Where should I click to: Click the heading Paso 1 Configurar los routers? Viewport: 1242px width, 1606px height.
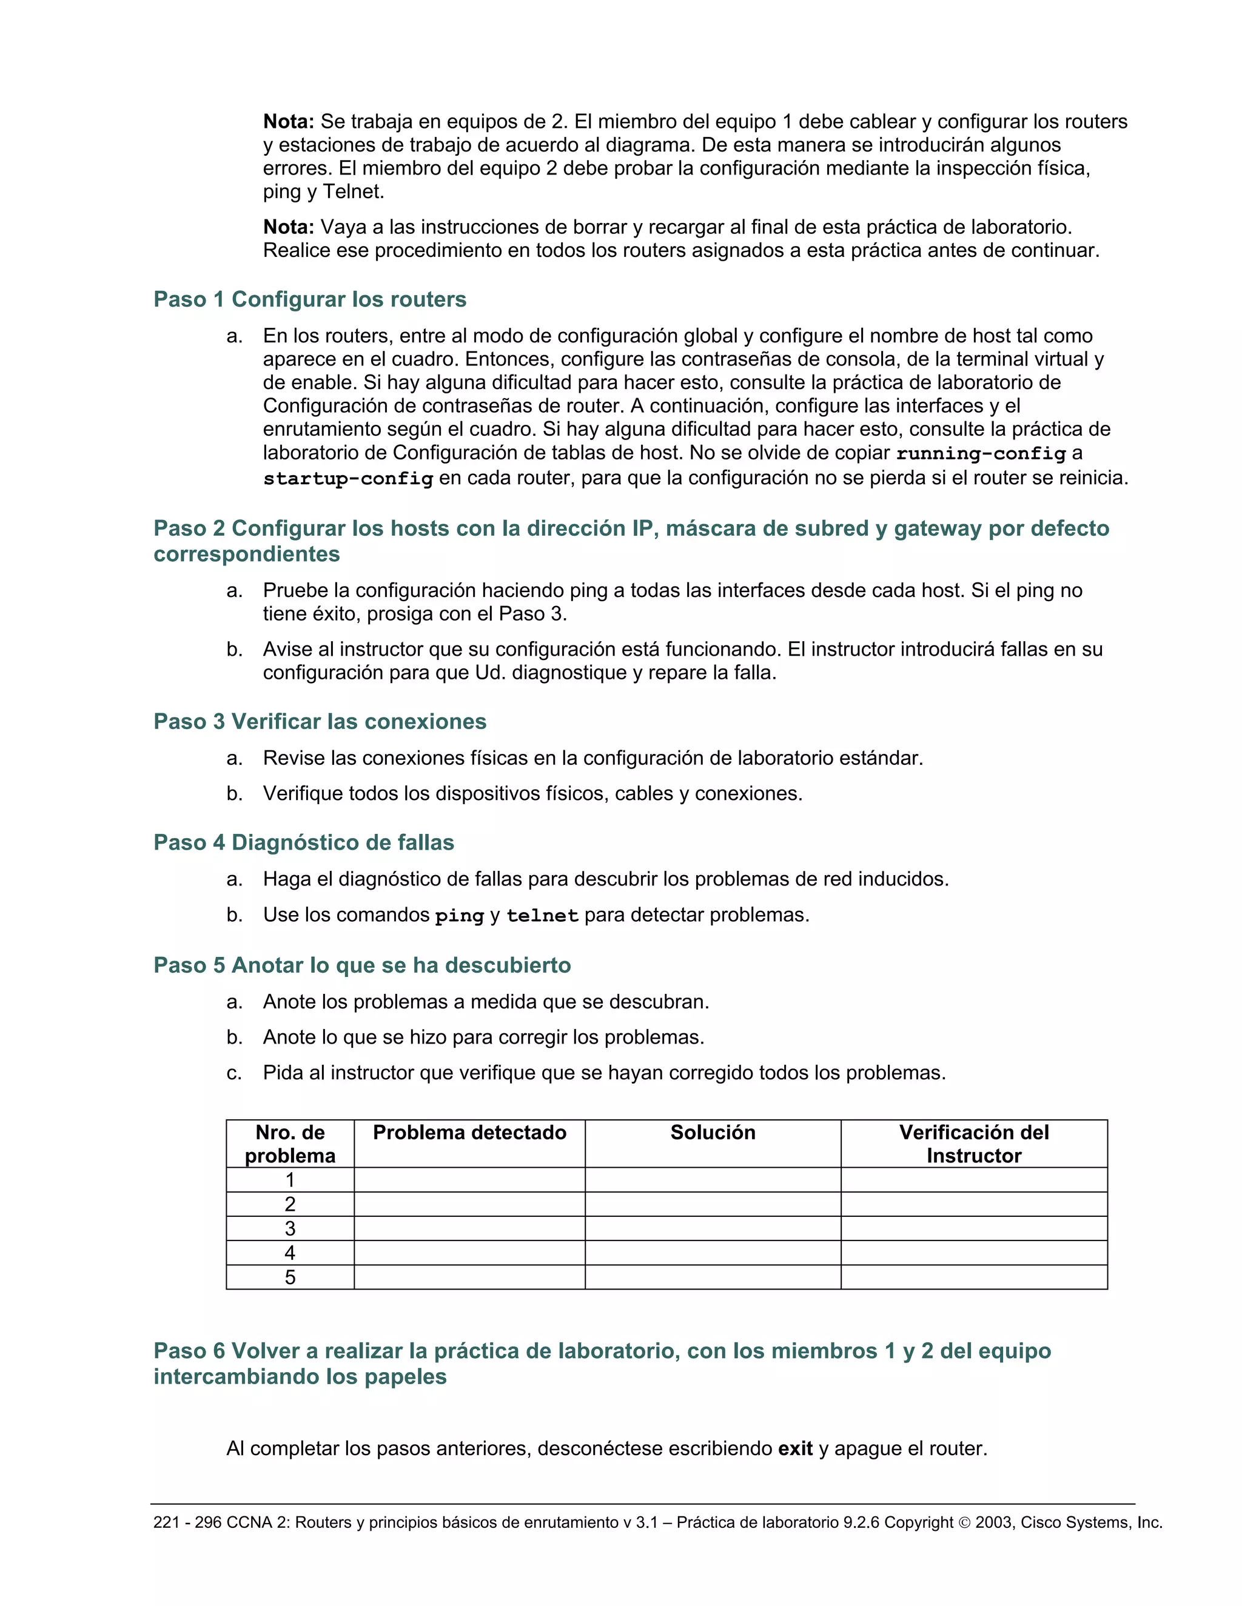click(x=310, y=299)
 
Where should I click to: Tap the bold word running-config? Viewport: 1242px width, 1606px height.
click(x=980, y=454)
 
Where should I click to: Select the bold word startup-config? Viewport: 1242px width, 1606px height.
click(x=348, y=479)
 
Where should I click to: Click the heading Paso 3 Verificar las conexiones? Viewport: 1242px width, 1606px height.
click(x=320, y=721)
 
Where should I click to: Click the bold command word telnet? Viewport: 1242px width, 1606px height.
click(x=542, y=916)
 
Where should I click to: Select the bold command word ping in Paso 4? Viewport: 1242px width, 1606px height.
click(x=459, y=916)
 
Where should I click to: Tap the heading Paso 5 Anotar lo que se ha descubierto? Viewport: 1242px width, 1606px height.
click(x=362, y=965)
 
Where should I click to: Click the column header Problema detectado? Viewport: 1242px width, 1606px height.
click(x=469, y=1133)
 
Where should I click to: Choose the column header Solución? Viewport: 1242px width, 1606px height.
click(x=712, y=1133)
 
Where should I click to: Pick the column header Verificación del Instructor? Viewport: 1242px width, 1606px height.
click(x=973, y=1144)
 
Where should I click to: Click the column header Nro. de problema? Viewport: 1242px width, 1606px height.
click(x=290, y=1144)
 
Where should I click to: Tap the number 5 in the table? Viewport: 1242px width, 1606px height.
click(x=290, y=1278)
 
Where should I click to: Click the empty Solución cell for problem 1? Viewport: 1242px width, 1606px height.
click(x=712, y=1179)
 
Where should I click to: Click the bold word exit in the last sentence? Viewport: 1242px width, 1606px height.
click(x=796, y=1448)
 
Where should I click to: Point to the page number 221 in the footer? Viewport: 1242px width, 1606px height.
click(x=166, y=1522)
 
